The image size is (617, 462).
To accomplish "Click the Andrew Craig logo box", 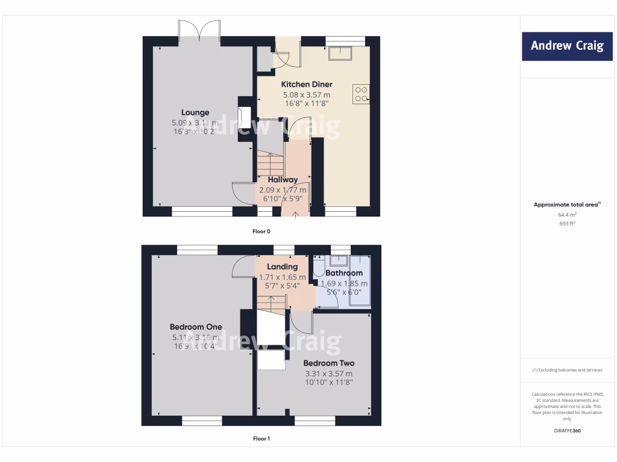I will (x=566, y=46).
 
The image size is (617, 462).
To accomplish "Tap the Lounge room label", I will (x=195, y=112).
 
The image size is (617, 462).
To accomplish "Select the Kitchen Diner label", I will (x=307, y=84).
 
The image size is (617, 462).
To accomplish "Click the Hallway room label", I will (x=283, y=179).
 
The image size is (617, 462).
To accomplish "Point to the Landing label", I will (x=283, y=266).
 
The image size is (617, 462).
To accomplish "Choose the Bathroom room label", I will (x=343, y=273).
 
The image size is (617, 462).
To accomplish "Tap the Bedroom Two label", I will (x=328, y=363).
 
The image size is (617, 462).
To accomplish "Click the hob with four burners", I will (x=362, y=94).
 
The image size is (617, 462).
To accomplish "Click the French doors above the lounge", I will (x=200, y=31).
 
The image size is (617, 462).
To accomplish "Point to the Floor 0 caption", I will (x=261, y=231).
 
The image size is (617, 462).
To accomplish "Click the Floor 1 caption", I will (x=261, y=439).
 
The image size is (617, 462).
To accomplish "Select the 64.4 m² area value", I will (x=566, y=214).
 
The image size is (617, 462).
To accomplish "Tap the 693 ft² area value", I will (x=566, y=223).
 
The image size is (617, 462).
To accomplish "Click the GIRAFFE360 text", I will (x=566, y=431).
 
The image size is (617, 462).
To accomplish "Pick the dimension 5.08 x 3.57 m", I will (x=307, y=95).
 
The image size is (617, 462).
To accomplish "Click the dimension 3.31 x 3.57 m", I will (x=328, y=374).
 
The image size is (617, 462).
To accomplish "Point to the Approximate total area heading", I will (x=566, y=205).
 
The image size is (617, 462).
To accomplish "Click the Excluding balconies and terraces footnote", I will (x=566, y=370).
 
